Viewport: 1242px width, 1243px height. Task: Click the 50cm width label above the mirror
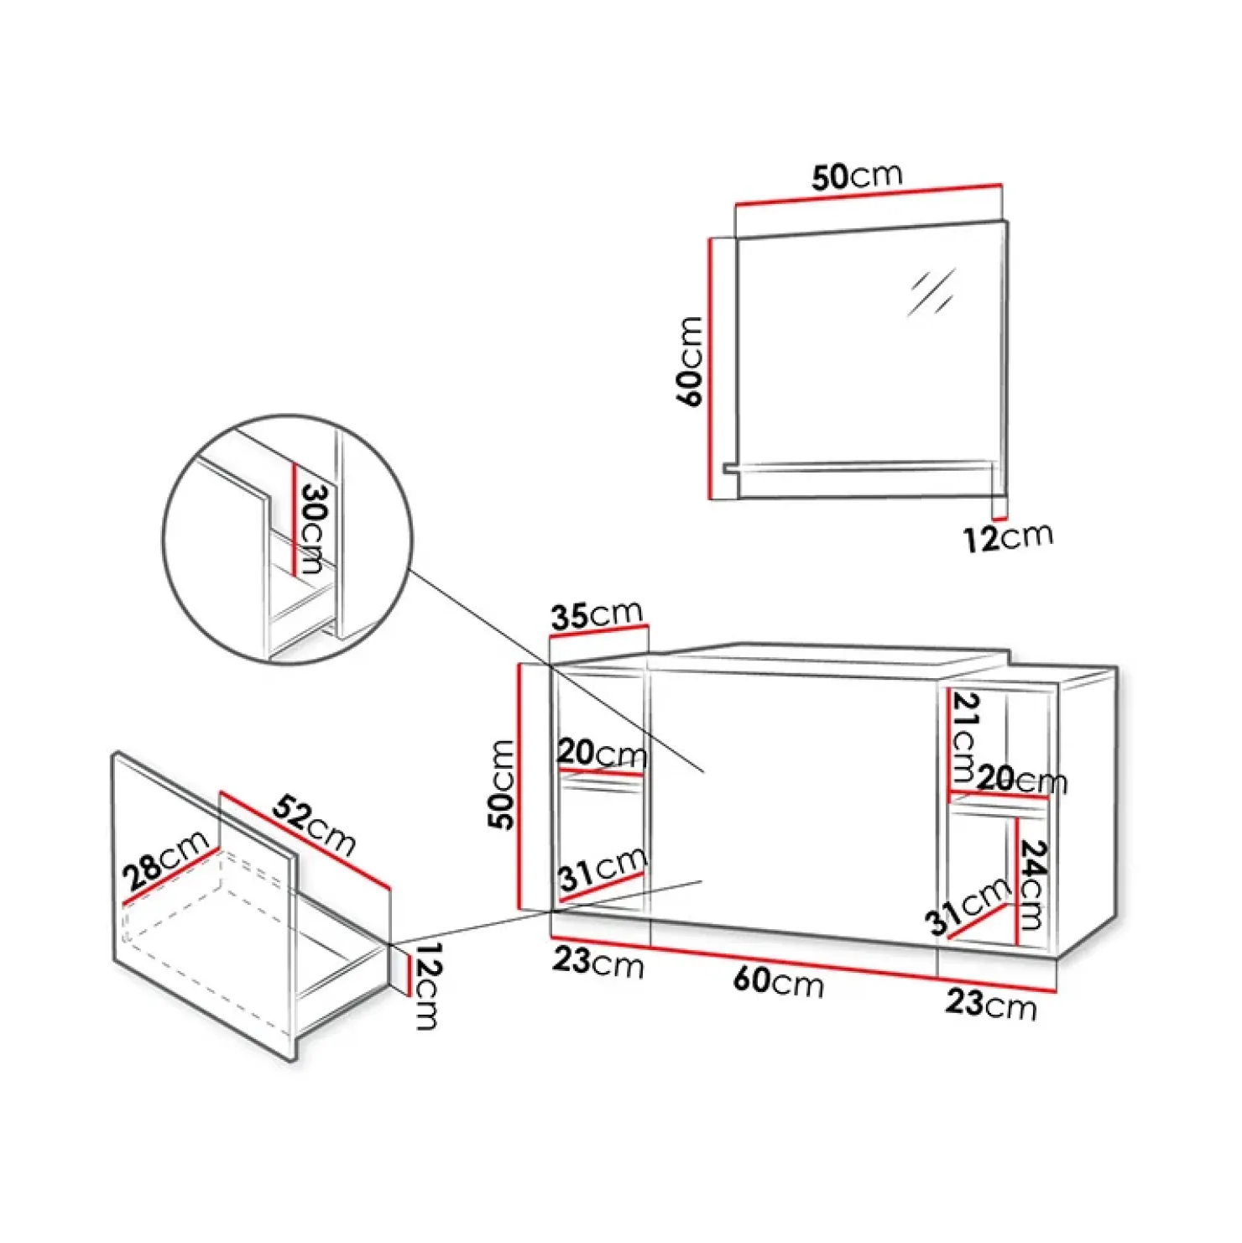[857, 176]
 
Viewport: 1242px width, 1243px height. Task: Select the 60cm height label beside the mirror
[690, 361]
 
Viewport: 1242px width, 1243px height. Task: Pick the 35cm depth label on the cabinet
[597, 615]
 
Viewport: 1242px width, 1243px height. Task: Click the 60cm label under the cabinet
[778, 980]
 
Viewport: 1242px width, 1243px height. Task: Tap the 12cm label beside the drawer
[427, 985]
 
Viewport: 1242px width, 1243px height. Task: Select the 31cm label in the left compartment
[603, 868]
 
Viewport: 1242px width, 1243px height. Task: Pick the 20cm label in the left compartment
[602, 752]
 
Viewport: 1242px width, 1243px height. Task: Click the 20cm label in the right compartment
[1021, 780]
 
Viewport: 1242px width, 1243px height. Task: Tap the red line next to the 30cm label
[294, 520]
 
